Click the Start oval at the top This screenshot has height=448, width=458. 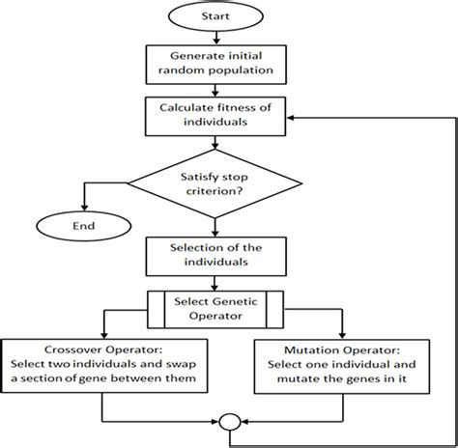(215, 17)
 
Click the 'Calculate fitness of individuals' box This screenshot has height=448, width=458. (215, 115)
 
